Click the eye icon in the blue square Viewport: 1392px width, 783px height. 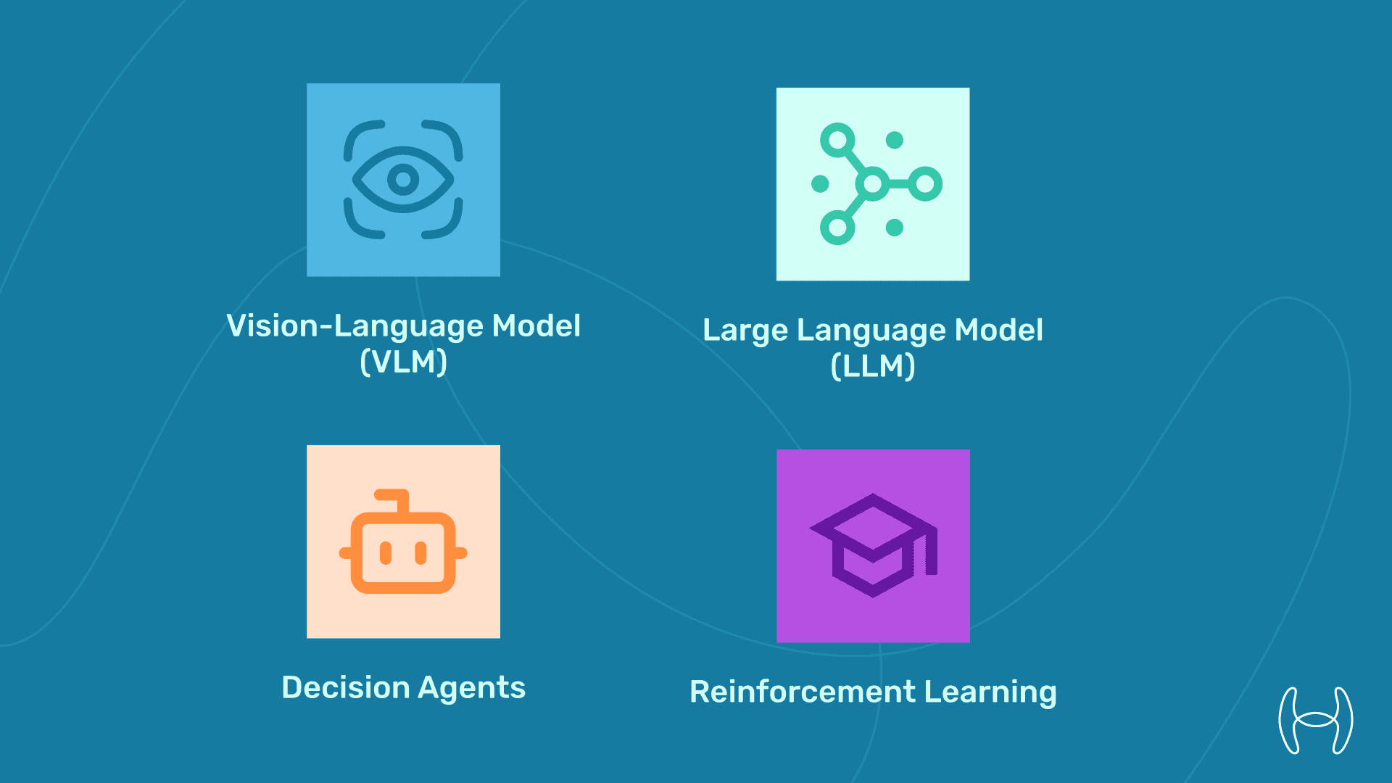click(x=403, y=179)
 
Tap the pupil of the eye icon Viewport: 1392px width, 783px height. click(x=403, y=179)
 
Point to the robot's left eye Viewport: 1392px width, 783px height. click(x=386, y=552)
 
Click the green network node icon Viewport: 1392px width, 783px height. click(x=873, y=183)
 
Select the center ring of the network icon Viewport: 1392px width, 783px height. click(x=873, y=183)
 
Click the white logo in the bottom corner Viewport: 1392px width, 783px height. click(x=1315, y=720)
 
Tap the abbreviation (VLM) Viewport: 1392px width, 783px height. click(x=403, y=362)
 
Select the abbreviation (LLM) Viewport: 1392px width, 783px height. click(x=873, y=366)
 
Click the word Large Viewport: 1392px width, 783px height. click(x=745, y=331)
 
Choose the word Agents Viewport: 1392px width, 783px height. click(x=471, y=688)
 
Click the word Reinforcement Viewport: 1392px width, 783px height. click(x=803, y=692)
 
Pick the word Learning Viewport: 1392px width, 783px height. click(x=990, y=692)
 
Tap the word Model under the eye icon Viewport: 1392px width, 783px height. click(x=536, y=326)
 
